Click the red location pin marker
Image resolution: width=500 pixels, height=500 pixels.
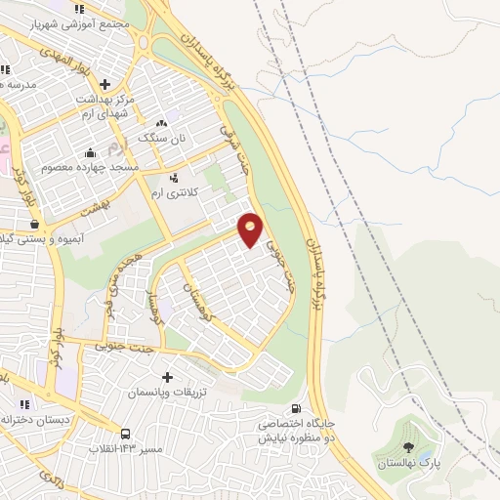[251, 229]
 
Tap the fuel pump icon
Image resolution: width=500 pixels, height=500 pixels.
[295, 409]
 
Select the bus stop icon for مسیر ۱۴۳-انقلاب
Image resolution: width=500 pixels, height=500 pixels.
[125, 434]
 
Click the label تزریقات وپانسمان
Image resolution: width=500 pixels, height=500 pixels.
[167, 391]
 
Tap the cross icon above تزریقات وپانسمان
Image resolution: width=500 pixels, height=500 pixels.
[167, 376]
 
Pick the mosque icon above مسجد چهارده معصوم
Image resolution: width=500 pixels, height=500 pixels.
[91, 152]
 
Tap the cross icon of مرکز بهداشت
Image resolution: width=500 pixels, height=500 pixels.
[105, 84]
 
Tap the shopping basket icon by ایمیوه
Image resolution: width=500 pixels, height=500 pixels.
[35, 224]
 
